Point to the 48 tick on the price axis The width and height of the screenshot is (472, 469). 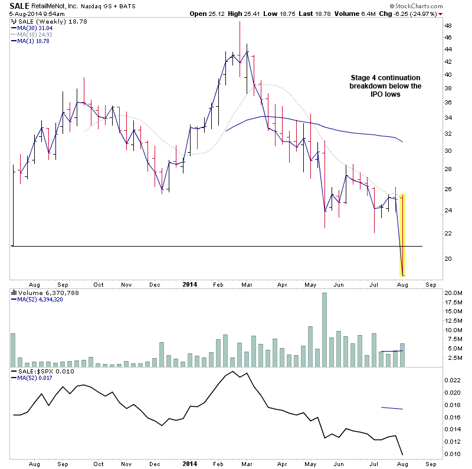(448, 26)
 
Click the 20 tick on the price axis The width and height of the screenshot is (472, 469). (448, 258)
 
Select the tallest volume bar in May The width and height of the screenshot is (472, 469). (324, 330)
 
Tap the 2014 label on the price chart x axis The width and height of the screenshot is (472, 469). (189, 284)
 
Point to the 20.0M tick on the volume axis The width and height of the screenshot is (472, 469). (453, 293)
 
